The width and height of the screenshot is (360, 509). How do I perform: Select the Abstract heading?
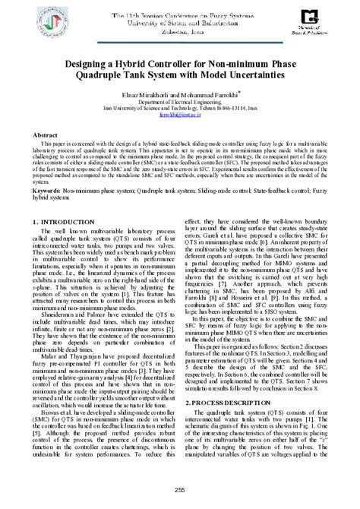46,134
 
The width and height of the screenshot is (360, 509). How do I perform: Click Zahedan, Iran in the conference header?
179,31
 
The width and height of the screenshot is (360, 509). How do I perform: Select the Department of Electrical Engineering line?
180,100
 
